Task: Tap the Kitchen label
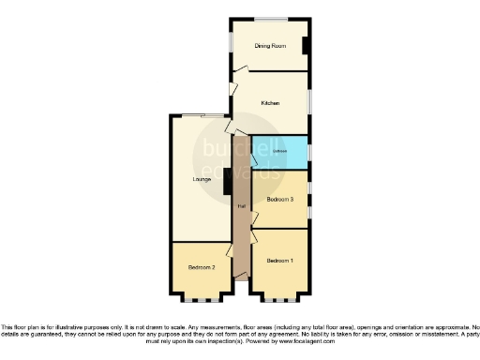click(270, 103)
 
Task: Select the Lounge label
click(201, 178)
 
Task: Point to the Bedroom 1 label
click(279, 260)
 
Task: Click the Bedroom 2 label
click(202, 267)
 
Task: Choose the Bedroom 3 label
click(279, 200)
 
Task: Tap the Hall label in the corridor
click(242, 205)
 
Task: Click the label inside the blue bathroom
click(279, 151)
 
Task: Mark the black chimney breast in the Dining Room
click(306, 46)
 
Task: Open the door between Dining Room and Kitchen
click(240, 68)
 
